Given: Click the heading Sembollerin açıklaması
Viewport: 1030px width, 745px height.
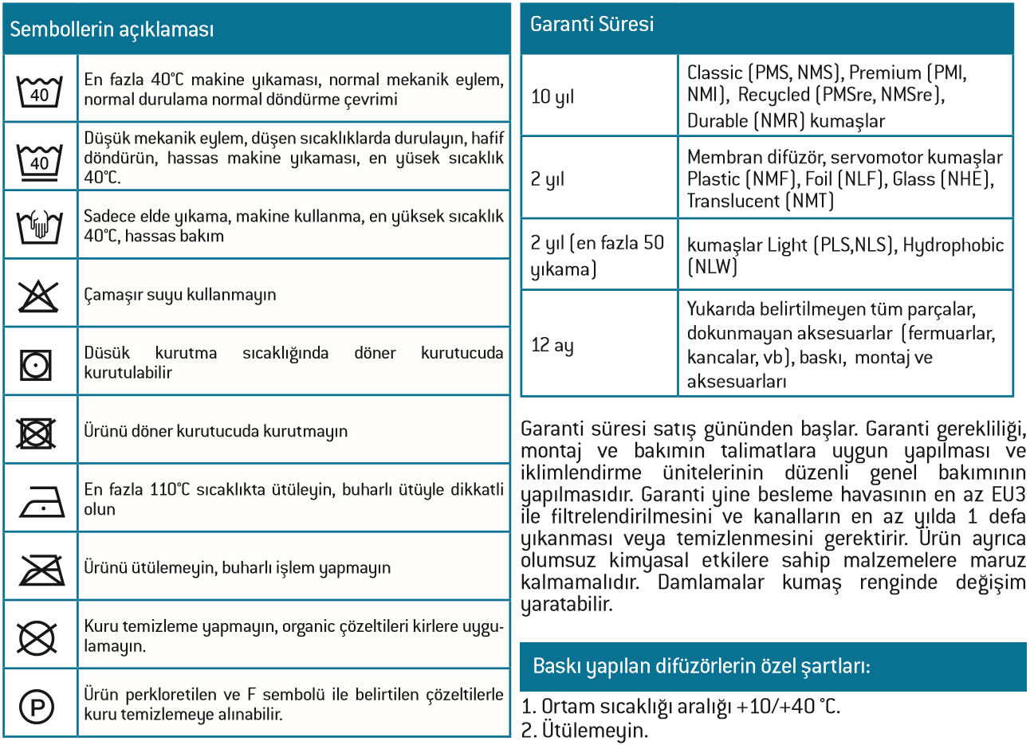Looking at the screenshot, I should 112,29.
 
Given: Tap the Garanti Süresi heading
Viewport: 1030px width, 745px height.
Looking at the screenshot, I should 592,25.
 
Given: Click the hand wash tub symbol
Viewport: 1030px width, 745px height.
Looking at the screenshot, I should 40,226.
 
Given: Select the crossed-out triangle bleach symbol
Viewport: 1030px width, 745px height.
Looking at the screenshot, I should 39,295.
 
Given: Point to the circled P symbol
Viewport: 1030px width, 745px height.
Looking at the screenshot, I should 37,706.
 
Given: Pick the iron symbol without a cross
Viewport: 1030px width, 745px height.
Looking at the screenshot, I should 41,501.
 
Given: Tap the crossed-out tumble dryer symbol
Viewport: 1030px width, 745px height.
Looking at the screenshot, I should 37,433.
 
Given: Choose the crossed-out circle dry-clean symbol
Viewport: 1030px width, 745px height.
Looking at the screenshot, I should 37,637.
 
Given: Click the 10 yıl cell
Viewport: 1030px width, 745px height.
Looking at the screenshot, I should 552,97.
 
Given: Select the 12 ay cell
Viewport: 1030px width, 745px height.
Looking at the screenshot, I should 552,345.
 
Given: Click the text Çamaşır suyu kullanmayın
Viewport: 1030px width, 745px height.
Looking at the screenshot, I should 180,295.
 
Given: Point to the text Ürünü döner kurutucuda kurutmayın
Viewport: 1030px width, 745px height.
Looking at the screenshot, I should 216,432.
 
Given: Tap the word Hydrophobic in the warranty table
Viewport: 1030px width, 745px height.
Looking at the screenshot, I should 953,245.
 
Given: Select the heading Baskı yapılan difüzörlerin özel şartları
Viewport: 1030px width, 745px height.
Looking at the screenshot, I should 701,666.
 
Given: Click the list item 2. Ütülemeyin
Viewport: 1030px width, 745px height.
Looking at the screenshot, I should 584,730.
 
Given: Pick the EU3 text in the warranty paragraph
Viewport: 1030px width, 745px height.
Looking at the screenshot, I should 1008,495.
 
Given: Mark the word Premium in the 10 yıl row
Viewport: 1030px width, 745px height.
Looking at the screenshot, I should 885,73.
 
